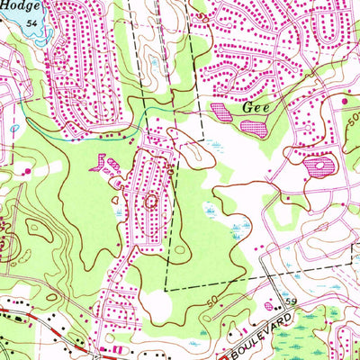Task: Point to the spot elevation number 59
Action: pyautogui.click(x=291, y=300)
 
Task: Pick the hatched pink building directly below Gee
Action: pyautogui.click(x=253, y=127)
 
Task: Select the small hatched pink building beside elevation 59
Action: pyautogui.click(x=277, y=304)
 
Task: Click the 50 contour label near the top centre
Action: pyautogui.click(x=171, y=163)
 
